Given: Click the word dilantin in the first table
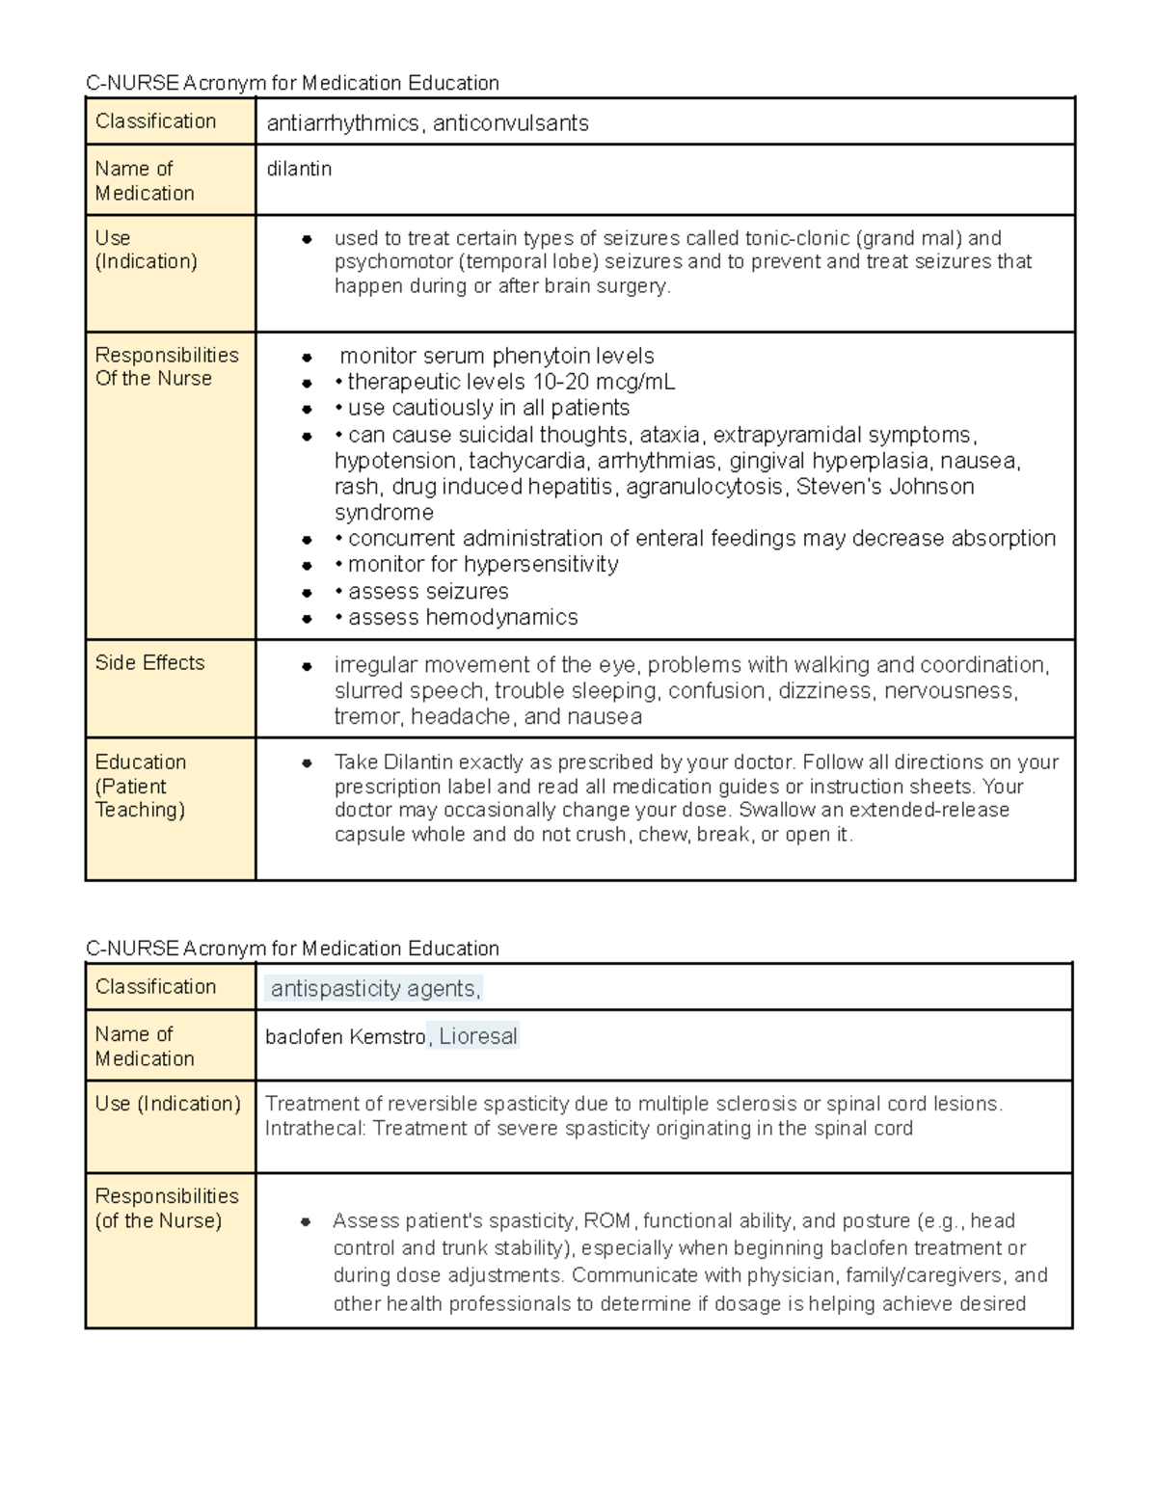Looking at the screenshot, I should tap(299, 169).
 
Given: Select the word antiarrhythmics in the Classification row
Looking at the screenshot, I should tap(342, 123).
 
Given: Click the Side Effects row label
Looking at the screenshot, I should tap(149, 662).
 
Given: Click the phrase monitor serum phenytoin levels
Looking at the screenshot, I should tap(497, 356).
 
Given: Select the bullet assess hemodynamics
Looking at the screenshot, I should tap(463, 617).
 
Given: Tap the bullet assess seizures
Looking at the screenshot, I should tap(428, 591).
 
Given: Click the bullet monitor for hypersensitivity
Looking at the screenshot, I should tap(483, 564).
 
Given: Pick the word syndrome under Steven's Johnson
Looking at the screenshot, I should tap(384, 512).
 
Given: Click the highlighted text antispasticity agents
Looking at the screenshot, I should tap(373, 988).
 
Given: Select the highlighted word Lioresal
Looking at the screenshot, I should tap(478, 1036).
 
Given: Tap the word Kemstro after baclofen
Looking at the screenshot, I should tap(388, 1037).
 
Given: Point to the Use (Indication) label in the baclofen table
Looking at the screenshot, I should tap(168, 1103).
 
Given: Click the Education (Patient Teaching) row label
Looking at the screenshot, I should tap(140, 786).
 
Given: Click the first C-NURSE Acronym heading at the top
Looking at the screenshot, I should tap(292, 83).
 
